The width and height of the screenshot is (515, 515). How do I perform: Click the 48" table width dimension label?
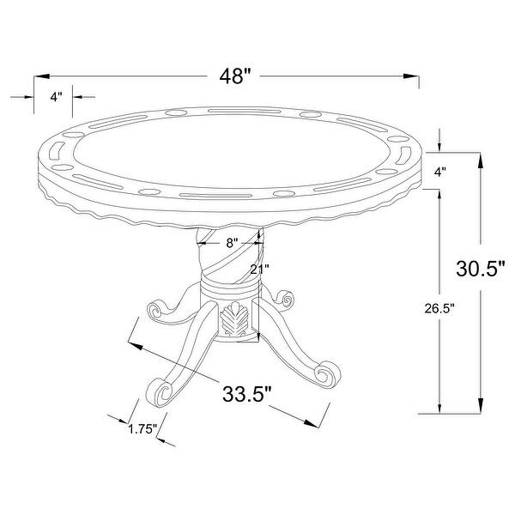point(235,76)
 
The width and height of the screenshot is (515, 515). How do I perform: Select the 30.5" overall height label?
point(480,268)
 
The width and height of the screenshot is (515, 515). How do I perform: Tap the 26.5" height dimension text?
point(439,308)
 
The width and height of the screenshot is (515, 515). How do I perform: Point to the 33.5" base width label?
point(247,393)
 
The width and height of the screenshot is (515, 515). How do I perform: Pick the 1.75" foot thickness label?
point(142,429)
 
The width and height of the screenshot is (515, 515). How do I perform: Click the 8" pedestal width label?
point(232,243)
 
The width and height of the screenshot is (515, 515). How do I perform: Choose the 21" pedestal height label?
point(259,270)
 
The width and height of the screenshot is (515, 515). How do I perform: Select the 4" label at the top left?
point(56,97)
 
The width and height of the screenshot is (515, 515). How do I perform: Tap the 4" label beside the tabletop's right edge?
point(440,172)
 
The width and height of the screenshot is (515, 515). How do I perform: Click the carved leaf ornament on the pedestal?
point(233,319)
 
